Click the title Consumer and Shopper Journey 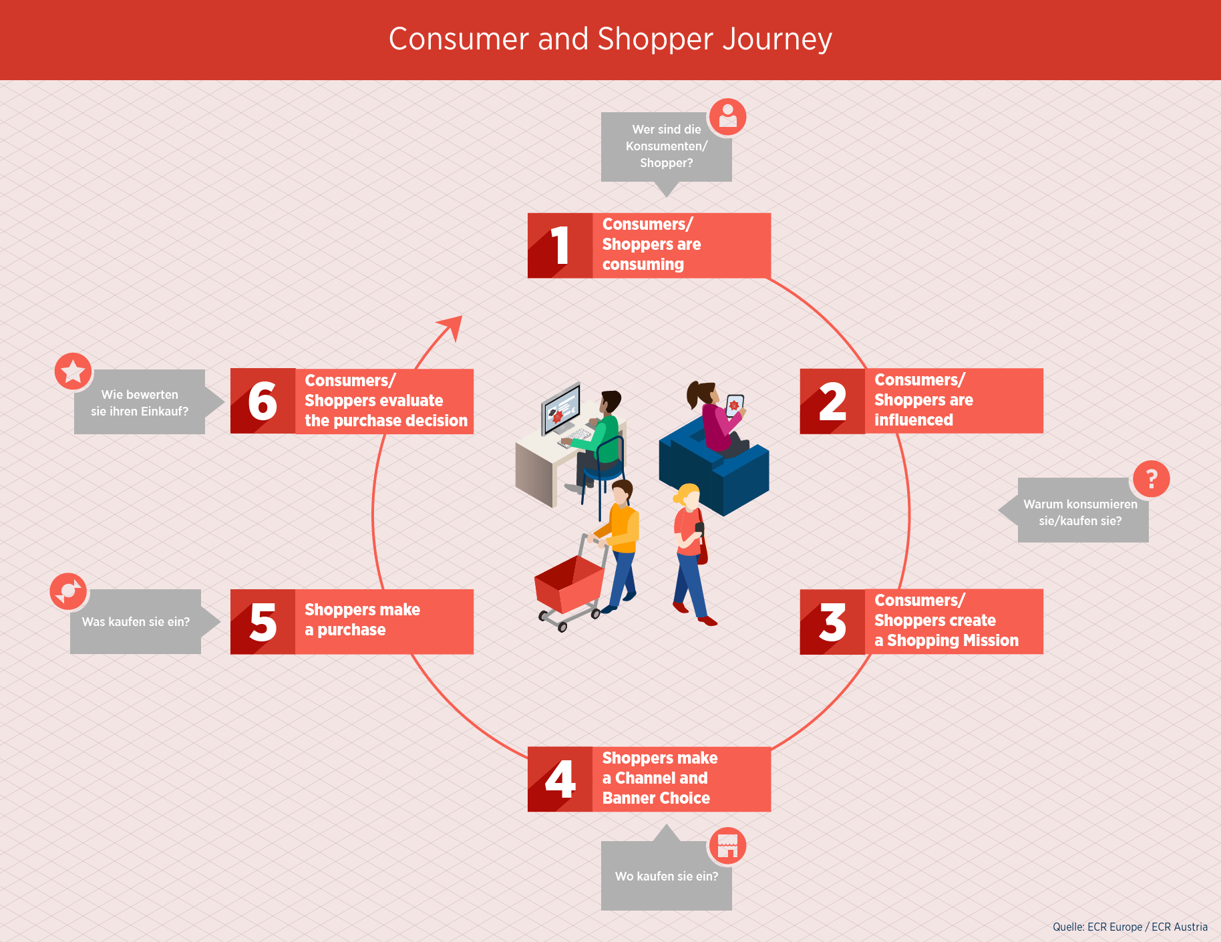coord(610,39)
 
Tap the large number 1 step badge coord(560,245)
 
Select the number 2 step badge coord(832,401)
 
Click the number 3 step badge coord(832,621)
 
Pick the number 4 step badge coord(560,779)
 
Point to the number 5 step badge coord(263,621)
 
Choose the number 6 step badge coord(263,401)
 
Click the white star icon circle coord(73,371)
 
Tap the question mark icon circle coord(1151,478)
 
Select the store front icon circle coord(727,846)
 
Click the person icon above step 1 coord(727,117)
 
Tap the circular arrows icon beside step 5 coord(68,591)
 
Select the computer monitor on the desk coord(561,408)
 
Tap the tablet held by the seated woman coord(735,406)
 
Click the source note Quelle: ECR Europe coord(1130,927)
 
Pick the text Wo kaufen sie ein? coord(667,876)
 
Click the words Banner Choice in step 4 coord(656,798)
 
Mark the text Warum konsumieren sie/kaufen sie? coord(1080,512)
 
